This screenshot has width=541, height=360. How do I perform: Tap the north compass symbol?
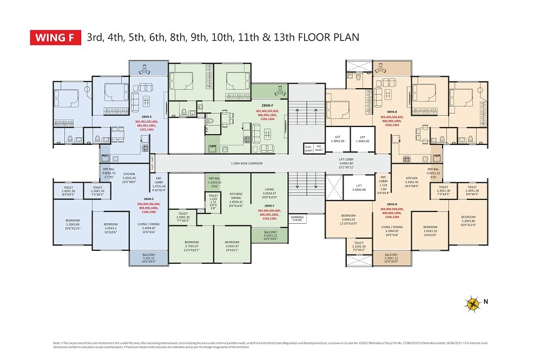point(473,303)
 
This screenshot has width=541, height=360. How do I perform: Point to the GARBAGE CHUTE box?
point(297,219)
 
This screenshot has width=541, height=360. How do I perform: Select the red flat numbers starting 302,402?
point(269,114)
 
